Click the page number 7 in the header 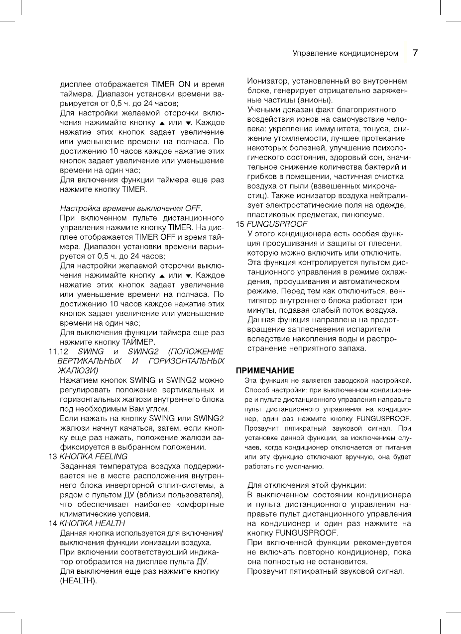tap(415, 53)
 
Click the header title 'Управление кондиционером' tap(345, 53)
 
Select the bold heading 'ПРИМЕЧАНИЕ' tap(265, 370)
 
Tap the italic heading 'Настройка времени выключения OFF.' tap(131, 208)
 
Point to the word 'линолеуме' tap(363, 215)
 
